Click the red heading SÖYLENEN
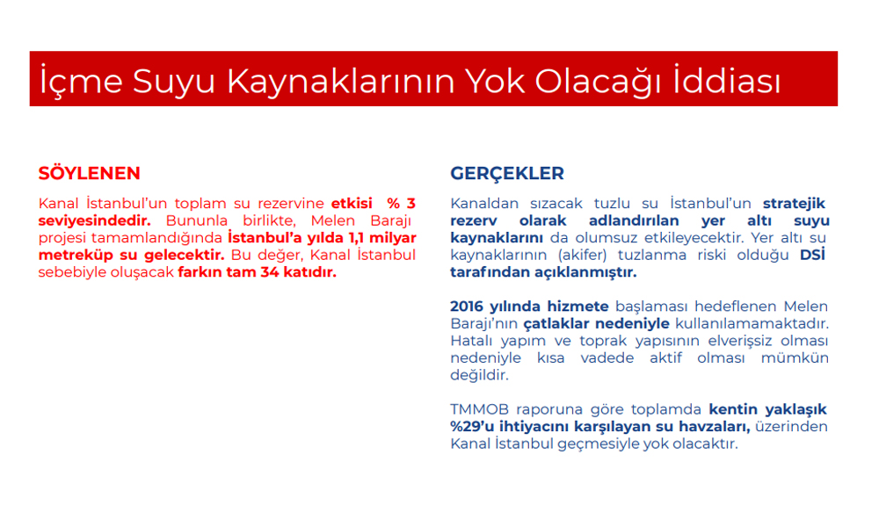click(89, 173)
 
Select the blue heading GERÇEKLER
click(507, 174)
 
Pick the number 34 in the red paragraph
click(269, 272)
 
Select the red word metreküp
click(76, 256)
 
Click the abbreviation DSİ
click(812, 255)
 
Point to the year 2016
click(467, 307)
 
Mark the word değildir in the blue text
click(479, 375)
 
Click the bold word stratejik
click(794, 204)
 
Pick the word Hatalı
click(469, 341)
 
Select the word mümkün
click(795, 358)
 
